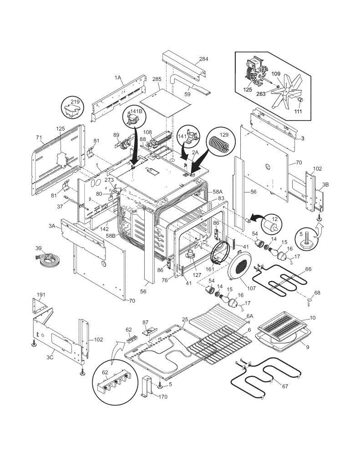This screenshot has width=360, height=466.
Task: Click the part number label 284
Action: [203, 59]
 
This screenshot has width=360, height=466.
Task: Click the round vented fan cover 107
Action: [240, 268]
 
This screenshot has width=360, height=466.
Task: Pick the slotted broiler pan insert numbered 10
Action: [282, 327]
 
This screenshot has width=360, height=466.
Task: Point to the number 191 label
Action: [41, 295]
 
